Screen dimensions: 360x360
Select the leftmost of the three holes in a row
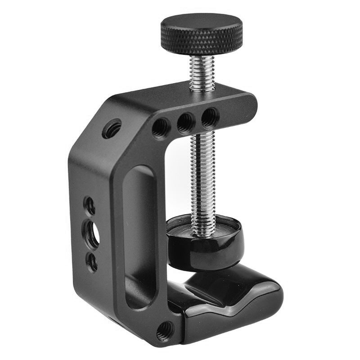(x=161, y=127)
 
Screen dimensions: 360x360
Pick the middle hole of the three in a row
(x=185, y=122)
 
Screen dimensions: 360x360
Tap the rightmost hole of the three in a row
(x=209, y=117)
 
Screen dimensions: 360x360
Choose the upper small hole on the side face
(x=90, y=206)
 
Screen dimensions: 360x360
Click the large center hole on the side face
(x=91, y=233)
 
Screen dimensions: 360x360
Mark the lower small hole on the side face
(x=92, y=261)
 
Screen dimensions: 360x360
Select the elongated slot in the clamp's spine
(x=138, y=234)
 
